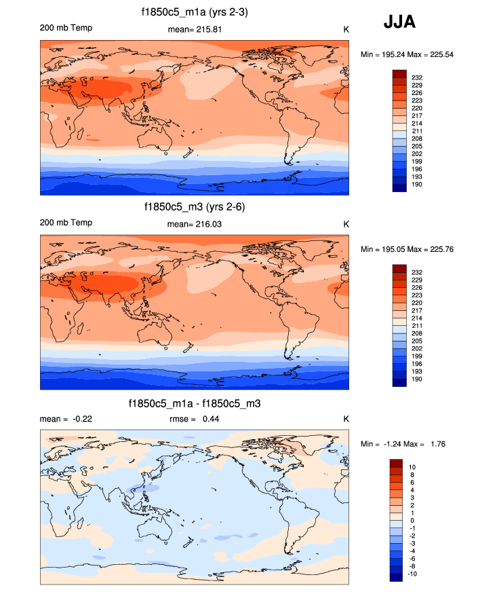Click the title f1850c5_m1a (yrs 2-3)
[194, 12]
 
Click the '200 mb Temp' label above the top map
[66, 28]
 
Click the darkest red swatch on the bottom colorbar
[397, 464]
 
